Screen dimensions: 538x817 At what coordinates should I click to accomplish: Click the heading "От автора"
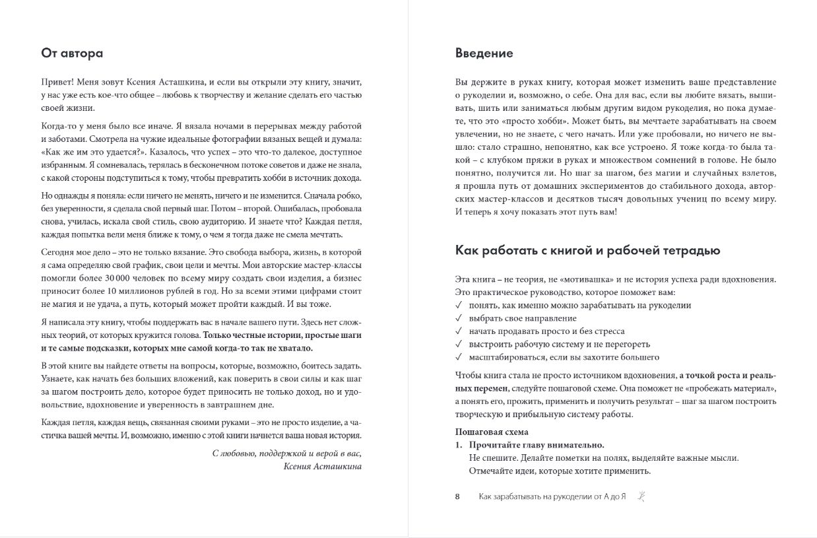72,53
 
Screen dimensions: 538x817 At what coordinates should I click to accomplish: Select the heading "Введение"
484,53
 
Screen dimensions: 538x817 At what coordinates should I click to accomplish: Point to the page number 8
457,496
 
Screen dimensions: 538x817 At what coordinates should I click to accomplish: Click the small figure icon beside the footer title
640,496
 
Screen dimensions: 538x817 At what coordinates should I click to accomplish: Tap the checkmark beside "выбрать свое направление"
459,318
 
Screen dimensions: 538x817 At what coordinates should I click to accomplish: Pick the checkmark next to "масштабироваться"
459,357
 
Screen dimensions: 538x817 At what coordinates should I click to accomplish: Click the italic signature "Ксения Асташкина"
321,465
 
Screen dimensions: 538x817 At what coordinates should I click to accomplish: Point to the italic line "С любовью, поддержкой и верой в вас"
287,453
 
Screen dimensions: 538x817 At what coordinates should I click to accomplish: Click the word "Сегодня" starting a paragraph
57,252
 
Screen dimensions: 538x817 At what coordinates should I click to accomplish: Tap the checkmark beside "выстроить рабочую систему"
459,344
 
